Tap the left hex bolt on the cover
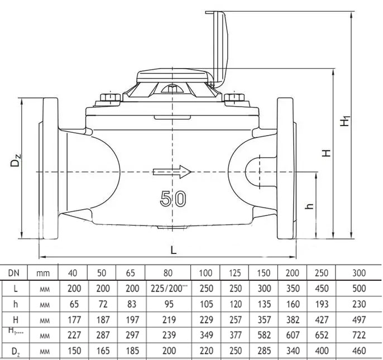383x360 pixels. pos(110,99)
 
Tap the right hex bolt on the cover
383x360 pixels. pos(235,100)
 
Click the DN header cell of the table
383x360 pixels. pos(13,273)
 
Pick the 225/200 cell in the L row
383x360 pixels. pos(167,289)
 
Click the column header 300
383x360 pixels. pos(359,273)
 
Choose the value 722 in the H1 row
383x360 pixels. pos(359,335)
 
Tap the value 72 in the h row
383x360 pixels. pos(102,304)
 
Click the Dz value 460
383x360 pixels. pos(359,351)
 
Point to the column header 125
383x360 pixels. pos(234,273)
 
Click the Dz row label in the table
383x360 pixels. pos(13,351)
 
